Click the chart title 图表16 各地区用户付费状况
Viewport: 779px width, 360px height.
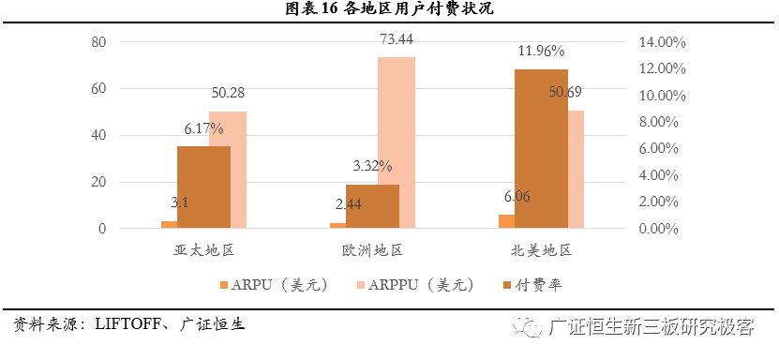coord(389,10)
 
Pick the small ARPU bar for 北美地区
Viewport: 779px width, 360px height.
coord(506,220)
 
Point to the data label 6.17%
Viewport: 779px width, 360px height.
coord(203,128)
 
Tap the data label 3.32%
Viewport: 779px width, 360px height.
coord(372,166)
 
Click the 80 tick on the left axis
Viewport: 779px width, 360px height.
coord(98,42)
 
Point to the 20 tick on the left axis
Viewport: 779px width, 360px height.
coord(98,182)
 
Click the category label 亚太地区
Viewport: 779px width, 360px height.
coord(203,251)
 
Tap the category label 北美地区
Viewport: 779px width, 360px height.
coord(541,251)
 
